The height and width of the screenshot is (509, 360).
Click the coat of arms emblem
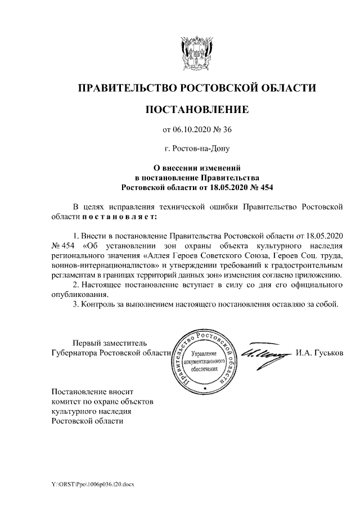tap(197, 52)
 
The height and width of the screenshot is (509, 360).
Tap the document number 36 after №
tap(227, 130)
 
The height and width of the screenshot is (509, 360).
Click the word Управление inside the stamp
tap(204, 353)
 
